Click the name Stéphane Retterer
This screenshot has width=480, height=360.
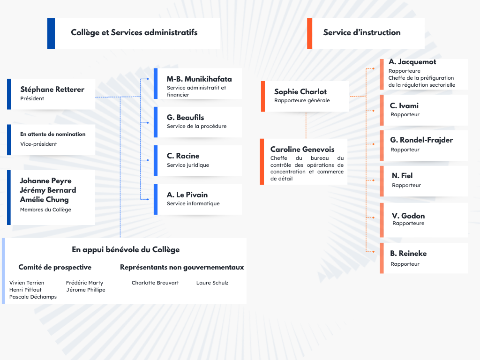[52, 90]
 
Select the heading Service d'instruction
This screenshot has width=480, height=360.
[361, 32]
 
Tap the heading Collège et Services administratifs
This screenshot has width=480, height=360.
[134, 32]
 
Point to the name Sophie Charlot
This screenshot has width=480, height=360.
[300, 92]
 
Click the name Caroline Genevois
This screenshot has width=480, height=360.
[302, 150]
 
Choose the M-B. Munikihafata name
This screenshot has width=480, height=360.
[199, 79]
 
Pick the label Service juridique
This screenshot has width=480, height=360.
[188, 165]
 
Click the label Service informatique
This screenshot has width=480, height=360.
[193, 203]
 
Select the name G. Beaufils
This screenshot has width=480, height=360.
[185, 117]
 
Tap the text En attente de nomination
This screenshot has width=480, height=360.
[53, 134]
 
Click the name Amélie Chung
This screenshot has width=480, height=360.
[44, 200]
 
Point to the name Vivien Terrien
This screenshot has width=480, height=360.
[27, 283]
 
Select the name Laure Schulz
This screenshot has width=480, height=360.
[212, 283]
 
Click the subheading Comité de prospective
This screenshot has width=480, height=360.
[55, 267]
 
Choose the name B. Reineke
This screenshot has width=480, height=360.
[408, 254]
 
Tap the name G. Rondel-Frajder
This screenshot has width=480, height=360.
[421, 140]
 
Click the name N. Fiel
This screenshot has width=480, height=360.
[402, 176]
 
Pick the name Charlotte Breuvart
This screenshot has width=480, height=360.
[155, 283]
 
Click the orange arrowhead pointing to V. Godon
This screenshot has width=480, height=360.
[373, 218]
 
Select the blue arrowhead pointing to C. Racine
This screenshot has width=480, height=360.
[148, 160]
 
